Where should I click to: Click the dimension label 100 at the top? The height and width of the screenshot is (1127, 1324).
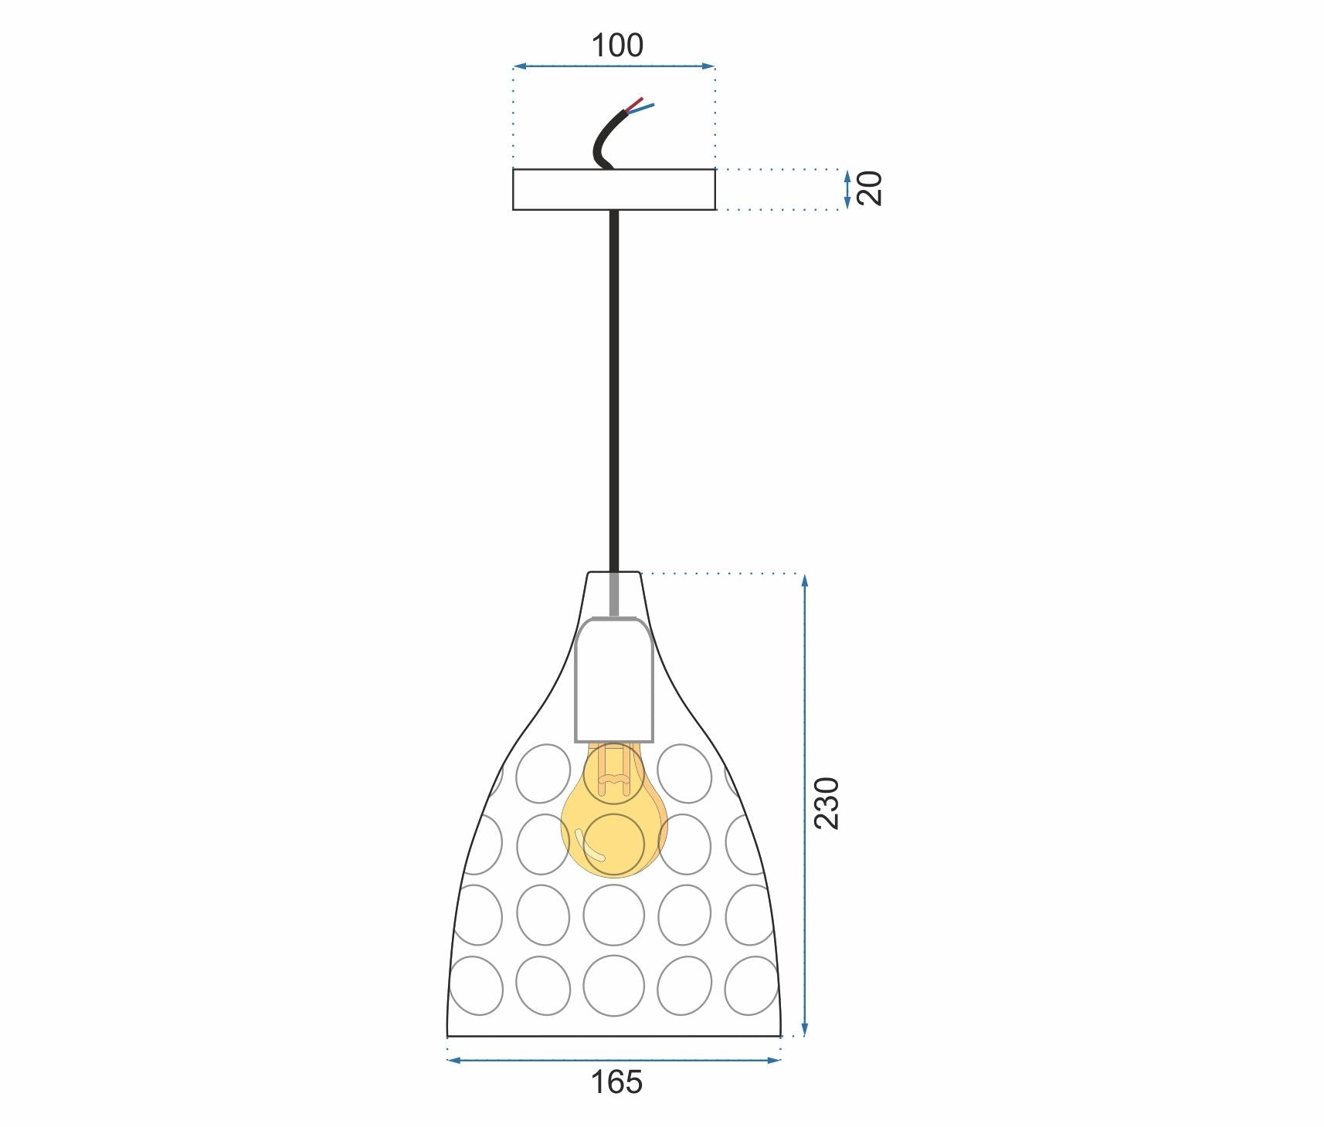click(616, 46)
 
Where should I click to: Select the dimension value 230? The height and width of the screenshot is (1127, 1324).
click(827, 804)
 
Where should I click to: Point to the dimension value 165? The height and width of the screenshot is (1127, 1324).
click(616, 1082)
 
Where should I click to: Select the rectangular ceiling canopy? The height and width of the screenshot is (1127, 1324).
click(614, 189)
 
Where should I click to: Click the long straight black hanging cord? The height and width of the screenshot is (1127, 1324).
click(614, 386)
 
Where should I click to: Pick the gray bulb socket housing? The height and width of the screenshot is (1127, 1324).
click(614, 679)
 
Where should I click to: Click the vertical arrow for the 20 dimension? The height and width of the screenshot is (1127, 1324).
click(847, 189)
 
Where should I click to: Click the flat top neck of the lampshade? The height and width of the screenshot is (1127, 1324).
click(614, 573)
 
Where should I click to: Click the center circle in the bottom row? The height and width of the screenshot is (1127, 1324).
click(614, 986)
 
